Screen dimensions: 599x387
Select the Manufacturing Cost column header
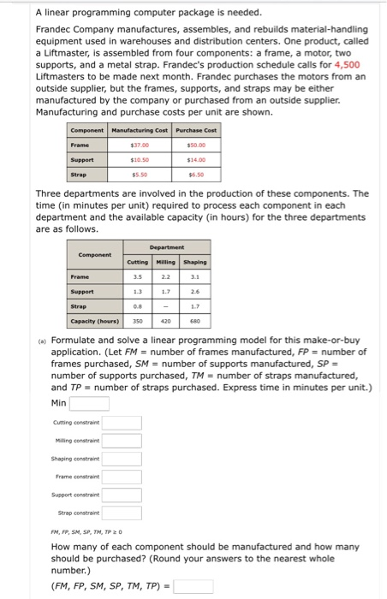[140, 129]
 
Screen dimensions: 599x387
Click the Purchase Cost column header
[197, 129]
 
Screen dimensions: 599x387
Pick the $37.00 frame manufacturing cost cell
[140, 145]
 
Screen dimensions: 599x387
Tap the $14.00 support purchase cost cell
[197, 159]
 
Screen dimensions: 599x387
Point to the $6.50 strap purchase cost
[197, 174]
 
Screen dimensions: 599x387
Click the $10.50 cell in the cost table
[140, 159]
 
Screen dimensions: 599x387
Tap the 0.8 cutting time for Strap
[137, 307]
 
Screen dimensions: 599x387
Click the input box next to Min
[89, 404]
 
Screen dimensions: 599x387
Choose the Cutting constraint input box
[122, 422]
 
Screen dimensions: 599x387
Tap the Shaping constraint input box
[122, 459]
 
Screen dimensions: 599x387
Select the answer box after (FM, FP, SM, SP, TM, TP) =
[193, 586]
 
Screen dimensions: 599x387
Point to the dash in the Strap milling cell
[167, 307]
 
